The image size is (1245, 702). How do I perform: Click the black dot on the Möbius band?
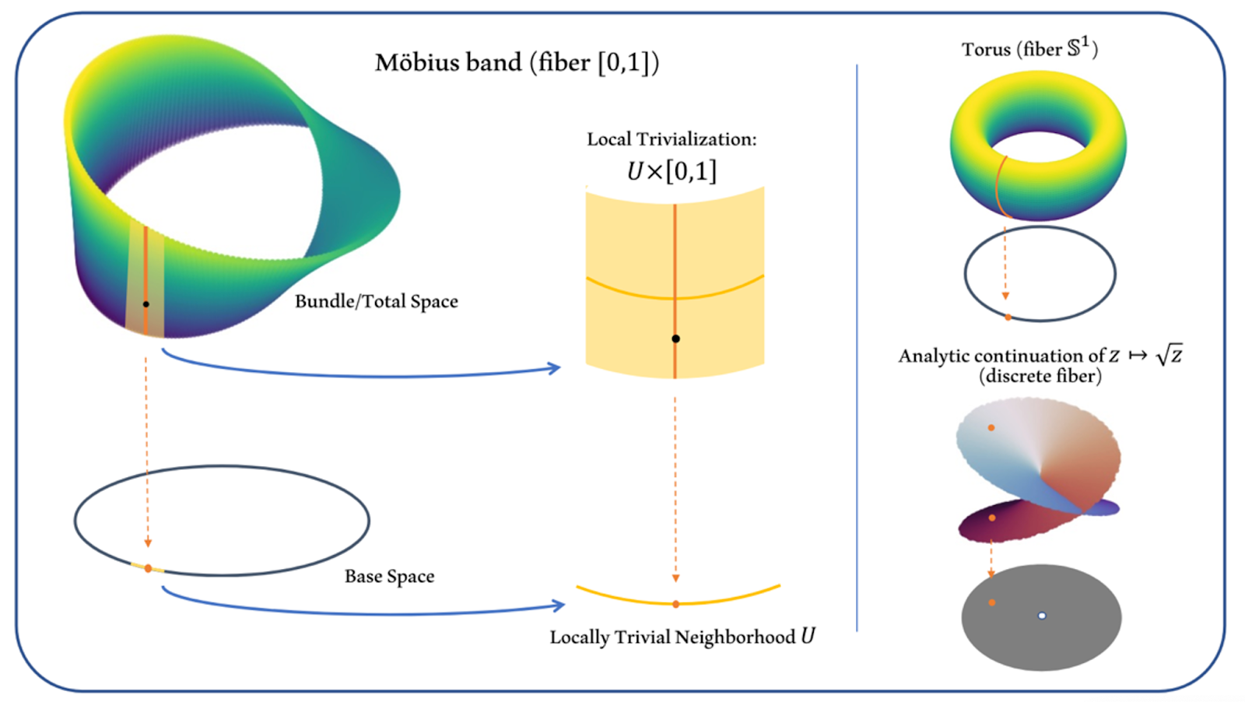tap(146, 304)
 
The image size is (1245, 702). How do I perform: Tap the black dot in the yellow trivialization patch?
tap(675, 339)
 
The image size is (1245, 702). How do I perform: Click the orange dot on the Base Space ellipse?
tap(148, 569)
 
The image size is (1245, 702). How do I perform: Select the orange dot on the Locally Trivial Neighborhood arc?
tap(675, 604)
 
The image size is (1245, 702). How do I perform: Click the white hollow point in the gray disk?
tap(1042, 616)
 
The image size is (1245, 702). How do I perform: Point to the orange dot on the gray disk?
tap(991, 602)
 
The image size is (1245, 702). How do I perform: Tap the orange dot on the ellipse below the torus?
tap(1008, 318)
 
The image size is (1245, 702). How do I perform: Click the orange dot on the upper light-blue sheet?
tap(991, 427)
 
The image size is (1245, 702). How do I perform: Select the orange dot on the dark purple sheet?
tap(992, 518)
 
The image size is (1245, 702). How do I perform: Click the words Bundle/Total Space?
tap(377, 301)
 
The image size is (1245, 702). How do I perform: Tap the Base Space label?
tap(390, 577)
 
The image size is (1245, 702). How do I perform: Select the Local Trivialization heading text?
tap(672, 139)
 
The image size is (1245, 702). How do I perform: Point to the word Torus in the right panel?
tap(986, 50)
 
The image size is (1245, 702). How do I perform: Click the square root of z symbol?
tap(1169, 354)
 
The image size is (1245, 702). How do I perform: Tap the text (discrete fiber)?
tap(1040, 376)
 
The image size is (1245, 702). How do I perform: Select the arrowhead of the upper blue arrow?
tap(554, 368)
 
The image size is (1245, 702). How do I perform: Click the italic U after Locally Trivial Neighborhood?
tap(808, 636)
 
